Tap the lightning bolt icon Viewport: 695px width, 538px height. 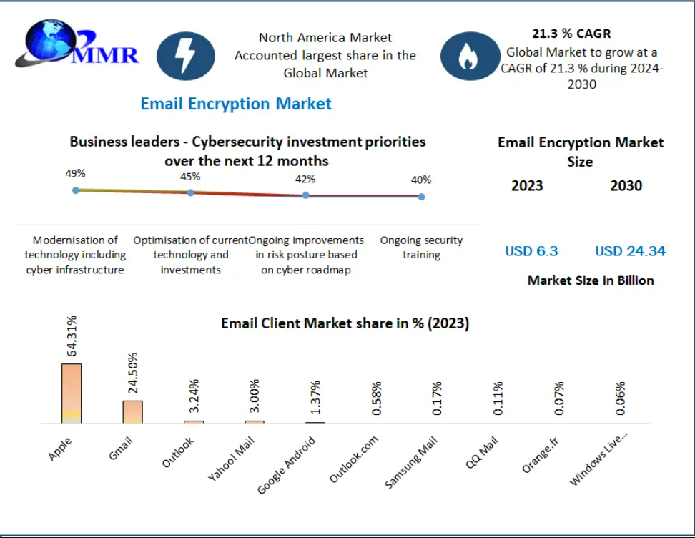pyautogui.click(x=186, y=56)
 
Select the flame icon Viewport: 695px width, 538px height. pyautogui.click(x=468, y=56)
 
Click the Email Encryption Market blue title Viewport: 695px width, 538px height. pyautogui.click(x=236, y=104)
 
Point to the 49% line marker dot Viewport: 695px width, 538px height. pyautogui.click(x=75, y=190)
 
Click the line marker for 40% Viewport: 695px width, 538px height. pyautogui.click(x=421, y=196)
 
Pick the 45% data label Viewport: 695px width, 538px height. pyautogui.click(x=190, y=177)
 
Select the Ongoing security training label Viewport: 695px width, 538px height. pyautogui.click(x=421, y=248)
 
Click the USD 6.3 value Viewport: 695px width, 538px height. pyautogui.click(x=531, y=251)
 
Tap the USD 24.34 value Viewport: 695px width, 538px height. pyautogui.click(x=630, y=251)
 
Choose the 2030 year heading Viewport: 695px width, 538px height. pyautogui.click(x=626, y=186)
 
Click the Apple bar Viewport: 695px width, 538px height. pyautogui.click(x=72, y=393)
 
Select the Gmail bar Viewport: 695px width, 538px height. pyautogui.click(x=132, y=411)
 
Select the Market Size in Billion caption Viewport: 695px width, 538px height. pyautogui.click(x=591, y=280)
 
